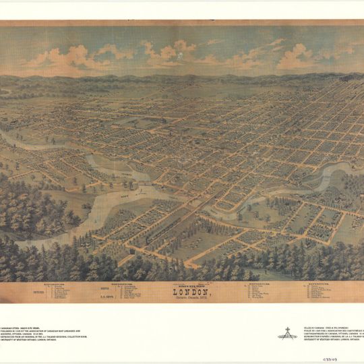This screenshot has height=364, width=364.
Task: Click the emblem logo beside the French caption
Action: coord(287,332)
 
